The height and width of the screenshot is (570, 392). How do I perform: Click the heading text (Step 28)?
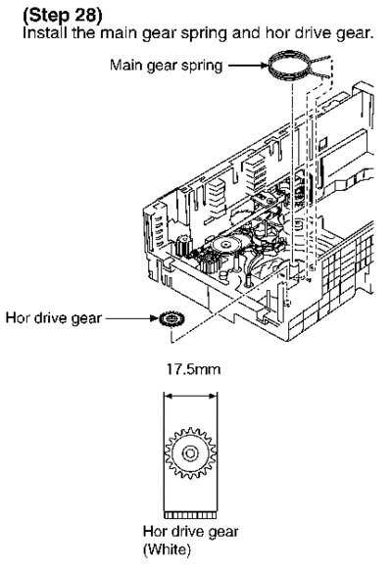coord(63,15)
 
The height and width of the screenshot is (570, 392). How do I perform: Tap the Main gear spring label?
coord(166,66)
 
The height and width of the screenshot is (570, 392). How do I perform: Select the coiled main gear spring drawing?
coord(290,67)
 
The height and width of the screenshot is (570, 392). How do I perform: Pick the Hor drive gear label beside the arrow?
coord(54,318)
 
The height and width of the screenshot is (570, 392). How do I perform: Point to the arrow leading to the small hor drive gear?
coord(132,318)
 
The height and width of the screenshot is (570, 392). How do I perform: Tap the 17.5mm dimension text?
coord(193,369)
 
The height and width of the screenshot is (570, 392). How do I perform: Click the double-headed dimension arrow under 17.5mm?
coord(190,396)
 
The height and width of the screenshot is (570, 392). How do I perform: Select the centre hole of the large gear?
coord(190,453)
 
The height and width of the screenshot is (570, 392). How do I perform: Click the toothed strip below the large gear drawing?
coord(190,515)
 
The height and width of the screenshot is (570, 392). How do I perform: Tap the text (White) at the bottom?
coord(167,548)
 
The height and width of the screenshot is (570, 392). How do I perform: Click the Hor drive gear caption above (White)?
coord(190,532)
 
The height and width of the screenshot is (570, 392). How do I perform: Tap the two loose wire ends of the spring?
coord(320,67)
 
